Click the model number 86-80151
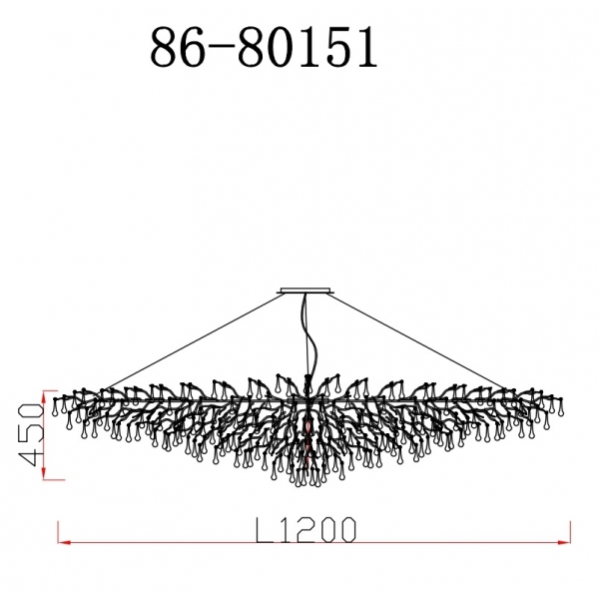[x=264, y=47]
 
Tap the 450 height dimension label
[x=30, y=434]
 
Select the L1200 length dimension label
[x=305, y=530]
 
